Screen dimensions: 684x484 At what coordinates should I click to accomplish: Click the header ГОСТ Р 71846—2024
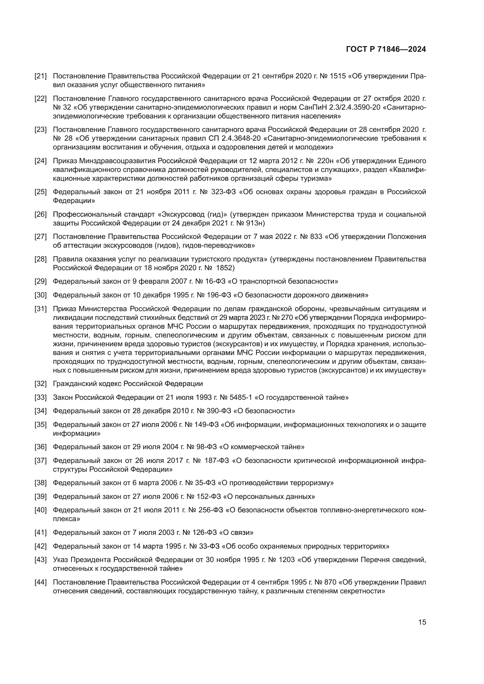(x=386, y=49)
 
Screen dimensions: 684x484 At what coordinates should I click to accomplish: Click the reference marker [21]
(x=41, y=76)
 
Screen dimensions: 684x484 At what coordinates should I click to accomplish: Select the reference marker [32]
(x=41, y=384)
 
